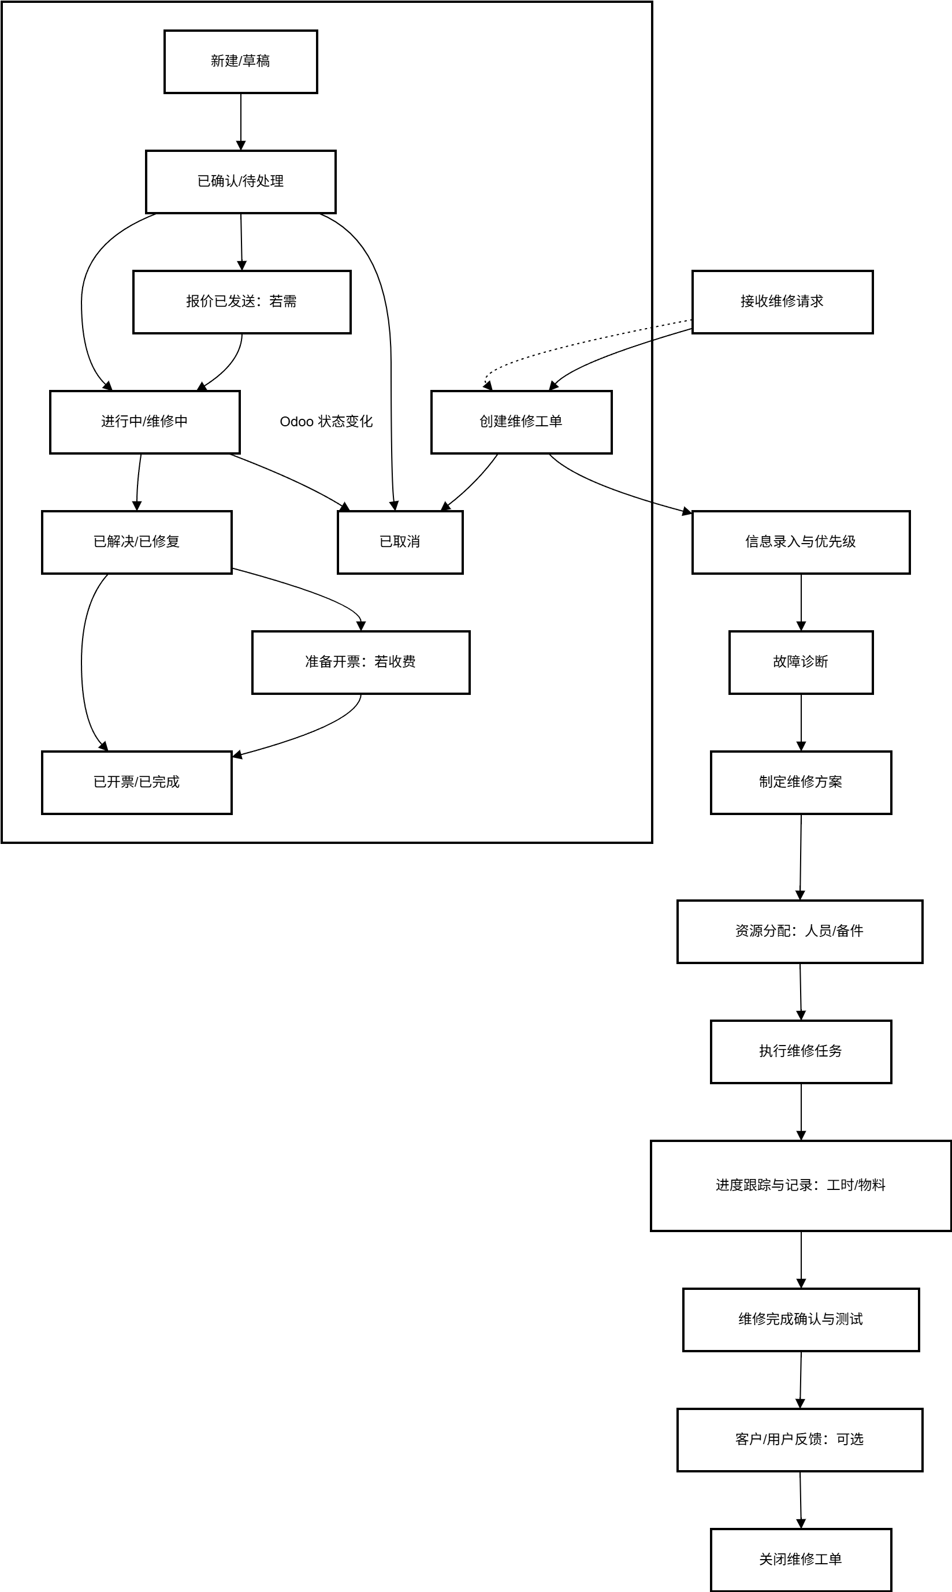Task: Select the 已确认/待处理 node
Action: (240, 181)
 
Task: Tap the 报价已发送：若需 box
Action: (242, 302)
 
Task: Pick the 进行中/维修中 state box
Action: (145, 422)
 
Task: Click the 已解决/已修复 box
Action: (137, 542)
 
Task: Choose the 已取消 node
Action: (400, 542)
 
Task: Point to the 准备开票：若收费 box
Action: (360, 663)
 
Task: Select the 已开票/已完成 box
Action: (137, 783)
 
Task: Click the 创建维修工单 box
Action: (522, 422)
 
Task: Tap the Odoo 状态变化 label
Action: (326, 422)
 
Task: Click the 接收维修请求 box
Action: (782, 302)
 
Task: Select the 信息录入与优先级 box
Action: (801, 542)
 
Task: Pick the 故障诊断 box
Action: (801, 663)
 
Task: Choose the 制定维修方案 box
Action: (801, 783)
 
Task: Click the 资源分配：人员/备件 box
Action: (799, 931)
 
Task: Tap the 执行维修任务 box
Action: (801, 1051)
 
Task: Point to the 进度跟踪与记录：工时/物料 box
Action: (801, 1185)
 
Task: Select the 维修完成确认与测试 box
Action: (801, 1319)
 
